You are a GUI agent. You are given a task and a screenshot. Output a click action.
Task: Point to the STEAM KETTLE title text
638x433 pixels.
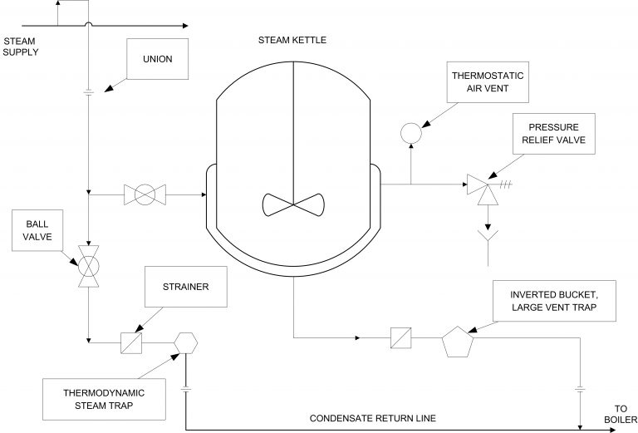tap(293, 39)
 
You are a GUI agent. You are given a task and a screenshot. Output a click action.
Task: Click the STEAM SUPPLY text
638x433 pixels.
tap(22, 46)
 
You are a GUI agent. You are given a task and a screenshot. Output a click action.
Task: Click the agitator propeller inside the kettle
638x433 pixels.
tap(293, 204)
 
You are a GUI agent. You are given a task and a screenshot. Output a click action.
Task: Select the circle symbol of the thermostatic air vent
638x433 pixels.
tap(410, 131)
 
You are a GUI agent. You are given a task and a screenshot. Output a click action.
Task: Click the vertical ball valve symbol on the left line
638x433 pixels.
tap(87, 267)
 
